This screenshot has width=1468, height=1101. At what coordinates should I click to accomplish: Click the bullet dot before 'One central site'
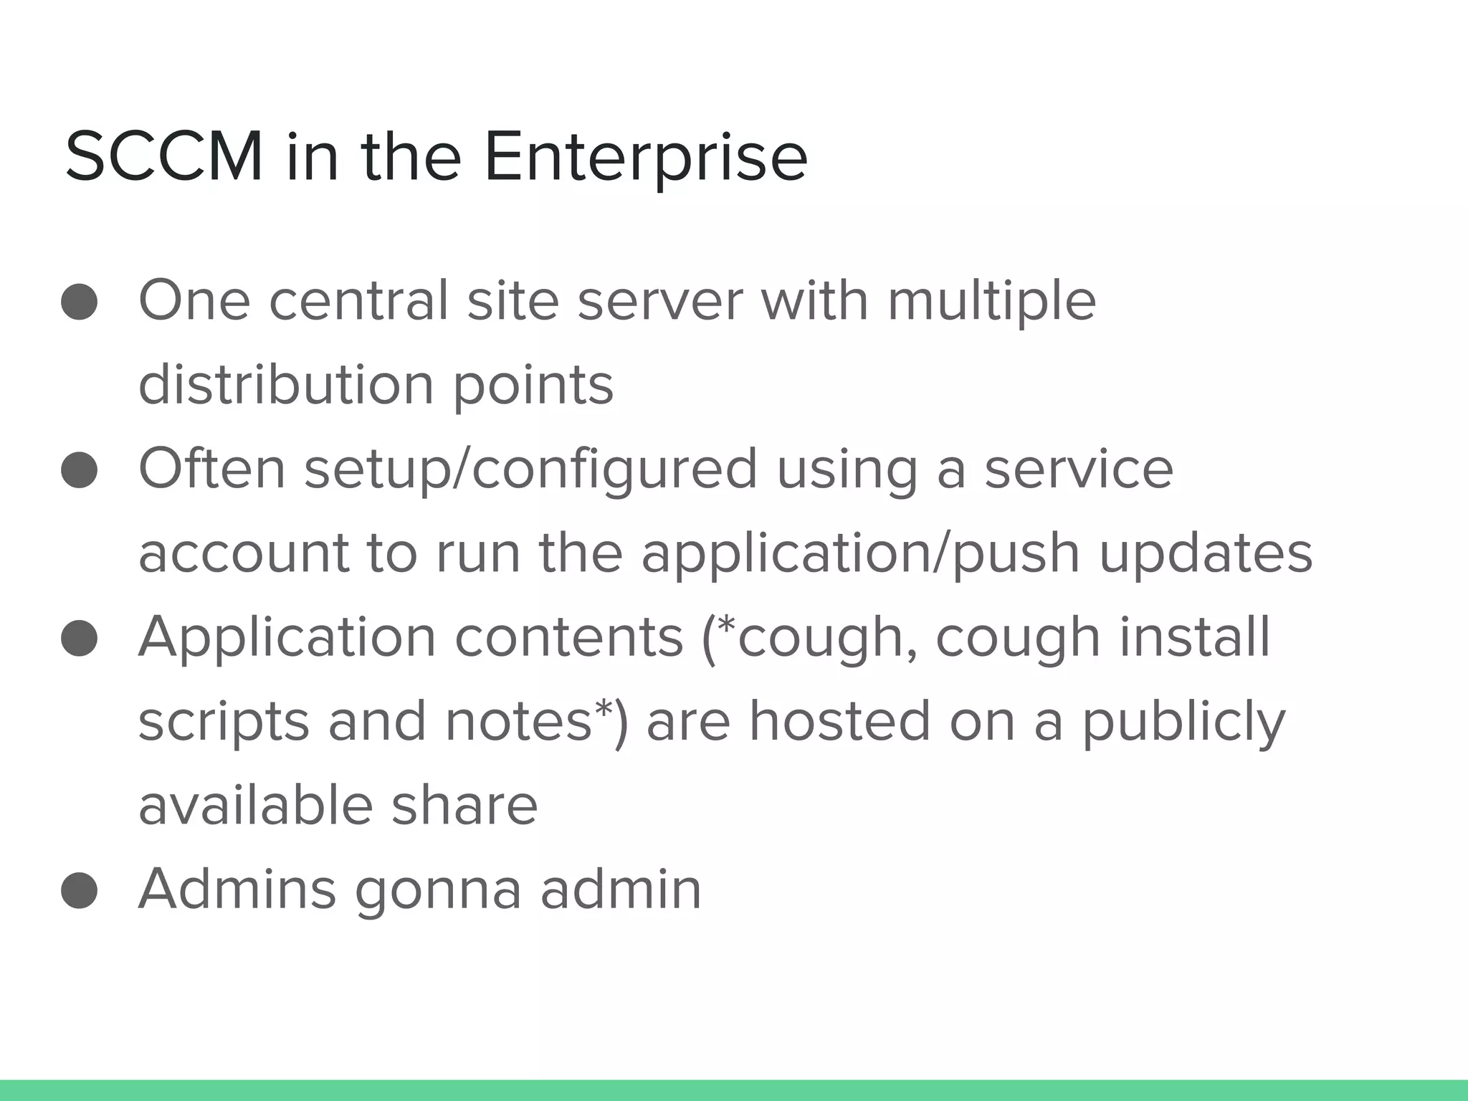[x=79, y=301]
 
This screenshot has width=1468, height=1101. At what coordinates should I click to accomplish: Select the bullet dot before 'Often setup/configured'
[x=79, y=470]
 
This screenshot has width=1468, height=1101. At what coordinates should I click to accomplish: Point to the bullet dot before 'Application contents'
[x=79, y=638]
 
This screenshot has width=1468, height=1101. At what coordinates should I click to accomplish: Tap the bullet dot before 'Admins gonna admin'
[x=79, y=890]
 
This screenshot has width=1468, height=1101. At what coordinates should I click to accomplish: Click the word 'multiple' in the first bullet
[x=991, y=301]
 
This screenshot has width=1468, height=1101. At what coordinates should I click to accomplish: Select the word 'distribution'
[x=286, y=385]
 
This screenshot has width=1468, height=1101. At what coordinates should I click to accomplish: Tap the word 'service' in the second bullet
[x=1079, y=469]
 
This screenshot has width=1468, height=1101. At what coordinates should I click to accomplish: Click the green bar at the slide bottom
[x=734, y=1090]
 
